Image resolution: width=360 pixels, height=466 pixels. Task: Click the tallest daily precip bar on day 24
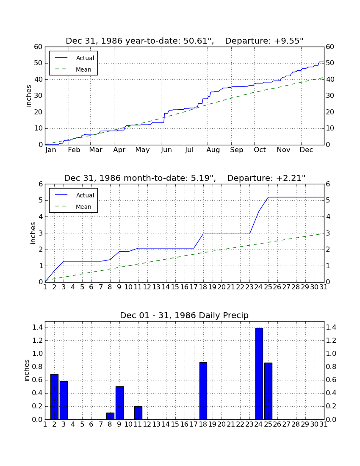tap(259, 374)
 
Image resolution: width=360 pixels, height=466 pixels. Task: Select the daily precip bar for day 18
tap(203, 391)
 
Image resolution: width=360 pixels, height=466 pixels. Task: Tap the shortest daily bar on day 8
tap(110, 416)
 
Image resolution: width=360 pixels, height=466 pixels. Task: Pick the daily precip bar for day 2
tap(54, 397)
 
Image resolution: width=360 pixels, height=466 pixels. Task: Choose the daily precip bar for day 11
tap(138, 413)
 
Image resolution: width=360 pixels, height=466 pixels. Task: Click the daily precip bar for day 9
tap(119, 403)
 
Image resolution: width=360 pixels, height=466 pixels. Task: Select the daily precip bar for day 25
tap(268, 391)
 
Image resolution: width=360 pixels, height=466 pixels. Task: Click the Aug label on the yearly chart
tap(213, 150)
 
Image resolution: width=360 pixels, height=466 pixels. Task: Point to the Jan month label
tap(51, 150)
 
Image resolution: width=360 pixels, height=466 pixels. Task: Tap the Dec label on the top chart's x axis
tap(306, 150)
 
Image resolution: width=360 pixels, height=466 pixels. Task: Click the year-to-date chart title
tap(185, 41)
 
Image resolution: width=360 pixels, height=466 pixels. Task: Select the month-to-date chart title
tap(185, 178)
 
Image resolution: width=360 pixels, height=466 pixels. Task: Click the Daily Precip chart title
tap(184, 315)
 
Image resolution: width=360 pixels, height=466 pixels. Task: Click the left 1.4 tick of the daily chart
tap(38, 327)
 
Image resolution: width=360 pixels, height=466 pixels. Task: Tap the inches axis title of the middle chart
tap(33, 233)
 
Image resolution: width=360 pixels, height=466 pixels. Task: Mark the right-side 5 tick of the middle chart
tap(328, 200)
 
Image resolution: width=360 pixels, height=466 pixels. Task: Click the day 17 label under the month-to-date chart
tap(194, 287)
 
